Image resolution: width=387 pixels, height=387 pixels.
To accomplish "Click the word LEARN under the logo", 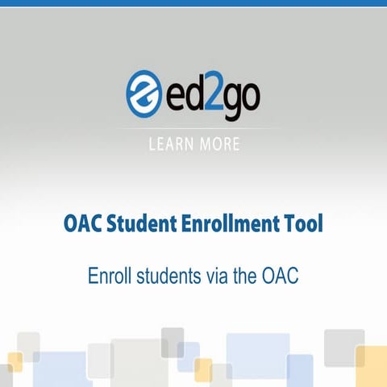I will [x=170, y=145].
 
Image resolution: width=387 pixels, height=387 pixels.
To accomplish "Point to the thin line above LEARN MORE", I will [x=193, y=129].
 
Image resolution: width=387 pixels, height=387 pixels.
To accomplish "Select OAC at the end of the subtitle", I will [x=281, y=275].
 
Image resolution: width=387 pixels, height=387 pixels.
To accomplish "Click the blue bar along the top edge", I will [x=193, y=2].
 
